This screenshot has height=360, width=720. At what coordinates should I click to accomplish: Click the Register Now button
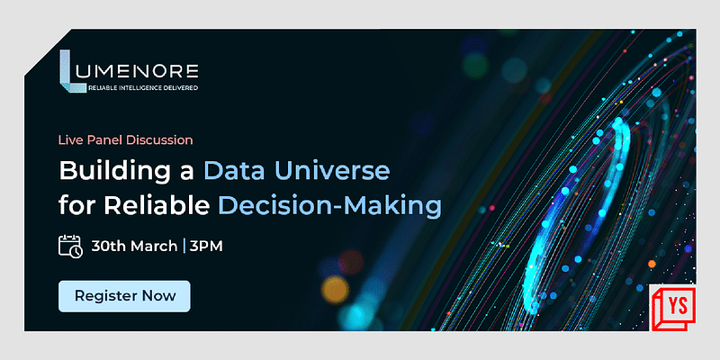click(124, 296)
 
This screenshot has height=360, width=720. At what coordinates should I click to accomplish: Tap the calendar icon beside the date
click(70, 246)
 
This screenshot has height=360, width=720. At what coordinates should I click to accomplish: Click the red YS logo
click(673, 307)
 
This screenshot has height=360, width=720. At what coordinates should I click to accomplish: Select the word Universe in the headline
click(346, 170)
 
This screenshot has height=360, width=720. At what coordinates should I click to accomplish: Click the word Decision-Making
click(329, 206)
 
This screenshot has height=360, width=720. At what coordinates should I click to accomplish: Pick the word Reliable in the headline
click(159, 206)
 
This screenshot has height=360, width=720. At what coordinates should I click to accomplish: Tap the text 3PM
click(205, 246)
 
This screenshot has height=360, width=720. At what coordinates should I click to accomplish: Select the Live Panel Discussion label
click(126, 139)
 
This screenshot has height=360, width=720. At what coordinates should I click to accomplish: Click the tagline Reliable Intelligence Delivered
click(144, 88)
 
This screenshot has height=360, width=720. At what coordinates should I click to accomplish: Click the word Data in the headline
click(238, 170)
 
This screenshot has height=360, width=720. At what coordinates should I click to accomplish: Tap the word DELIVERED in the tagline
click(179, 88)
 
